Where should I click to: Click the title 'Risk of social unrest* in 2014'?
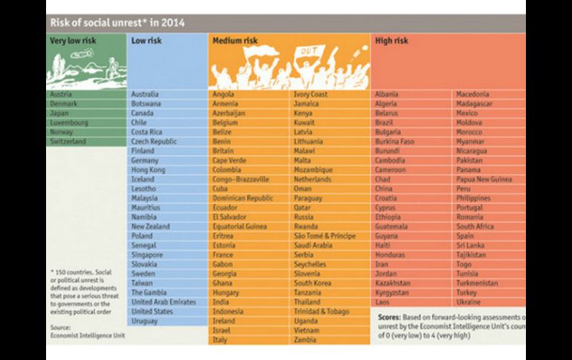[117, 22]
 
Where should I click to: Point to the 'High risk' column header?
[391, 41]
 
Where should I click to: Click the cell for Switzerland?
[68, 141]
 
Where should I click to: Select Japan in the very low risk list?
[59, 114]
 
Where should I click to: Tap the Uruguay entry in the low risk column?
[144, 321]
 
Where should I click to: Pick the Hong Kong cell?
[148, 170]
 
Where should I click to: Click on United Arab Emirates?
[163, 302]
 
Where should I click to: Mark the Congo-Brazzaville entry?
[241, 179]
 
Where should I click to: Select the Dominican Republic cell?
[243, 198]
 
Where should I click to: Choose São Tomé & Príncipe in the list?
[323, 236]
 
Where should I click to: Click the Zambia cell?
[305, 339]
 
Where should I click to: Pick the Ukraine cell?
[468, 302]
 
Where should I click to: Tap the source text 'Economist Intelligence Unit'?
[87, 335]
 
